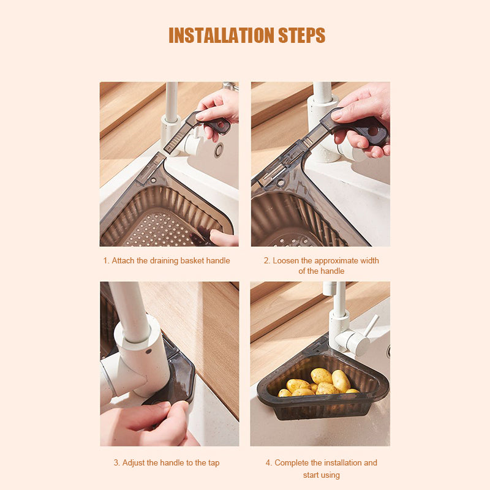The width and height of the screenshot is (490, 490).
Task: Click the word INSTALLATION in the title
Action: [222, 35]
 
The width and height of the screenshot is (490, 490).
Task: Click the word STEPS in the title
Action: [301, 35]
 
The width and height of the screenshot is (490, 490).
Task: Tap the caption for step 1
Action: [167, 260]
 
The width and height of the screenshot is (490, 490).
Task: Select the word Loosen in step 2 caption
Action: [285, 260]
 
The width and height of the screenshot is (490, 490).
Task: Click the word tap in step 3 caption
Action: [213, 462]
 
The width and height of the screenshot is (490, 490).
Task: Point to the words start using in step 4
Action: [321, 475]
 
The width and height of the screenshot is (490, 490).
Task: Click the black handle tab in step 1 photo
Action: [215, 124]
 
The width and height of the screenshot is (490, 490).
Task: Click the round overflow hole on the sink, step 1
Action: [219, 150]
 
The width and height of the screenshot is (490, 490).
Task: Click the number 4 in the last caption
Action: [268, 462]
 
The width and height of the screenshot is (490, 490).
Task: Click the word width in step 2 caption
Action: [369, 260]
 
